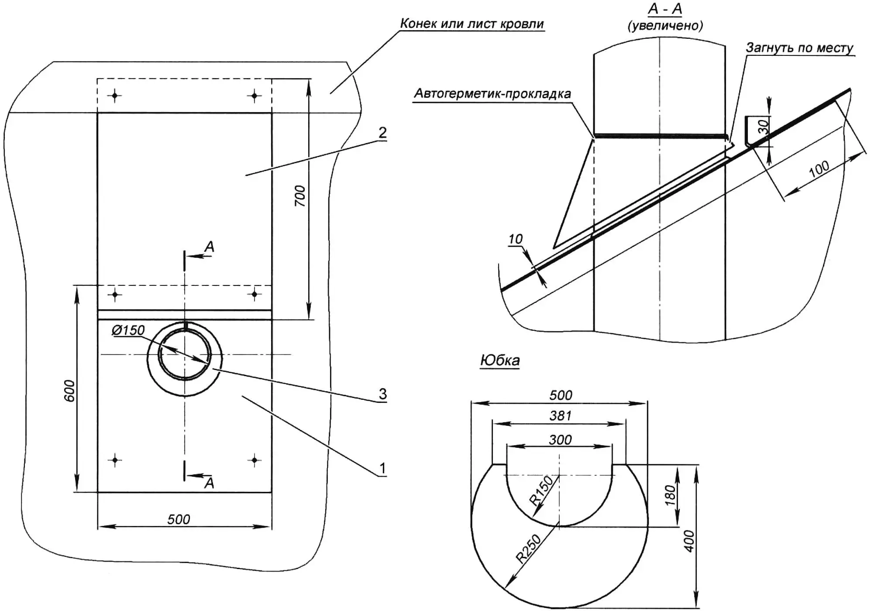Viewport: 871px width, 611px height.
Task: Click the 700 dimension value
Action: (x=300, y=196)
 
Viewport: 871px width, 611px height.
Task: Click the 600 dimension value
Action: (x=69, y=391)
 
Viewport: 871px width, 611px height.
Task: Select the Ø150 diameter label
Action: (x=128, y=330)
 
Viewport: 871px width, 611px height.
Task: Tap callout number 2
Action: (x=382, y=132)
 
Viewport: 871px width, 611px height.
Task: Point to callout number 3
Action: (x=382, y=394)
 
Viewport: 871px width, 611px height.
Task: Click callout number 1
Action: (x=382, y=468)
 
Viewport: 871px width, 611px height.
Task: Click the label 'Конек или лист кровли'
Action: (x=472, y=24)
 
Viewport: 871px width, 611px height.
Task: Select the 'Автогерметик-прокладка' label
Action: (x=492, y=93)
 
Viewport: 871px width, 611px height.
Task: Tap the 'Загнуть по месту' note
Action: (x=799, y=48)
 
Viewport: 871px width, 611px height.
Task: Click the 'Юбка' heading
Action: (x=500, y=360)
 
